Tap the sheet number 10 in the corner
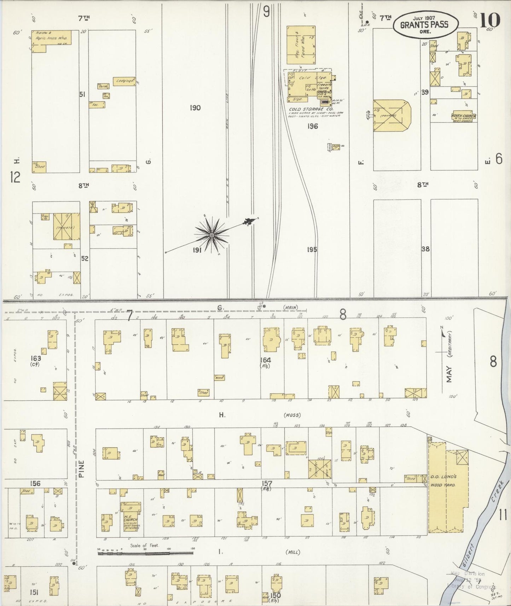click(x=490, y=20)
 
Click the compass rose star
click(x=211, y=235)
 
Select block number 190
click(x=195, y=108)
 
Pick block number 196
click(x=313, y=126)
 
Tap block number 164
click(x=265, y=360)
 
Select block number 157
click(x=266, y=483)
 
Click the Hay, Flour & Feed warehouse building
click(x=301, y=45)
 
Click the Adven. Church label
click(x=463, y=116)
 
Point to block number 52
click(x=85, y=258)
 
